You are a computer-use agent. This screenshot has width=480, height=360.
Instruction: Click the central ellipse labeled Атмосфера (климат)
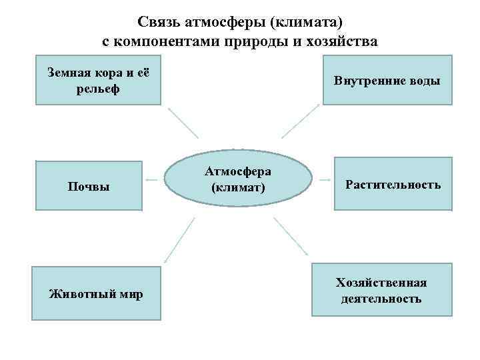coord(238,179)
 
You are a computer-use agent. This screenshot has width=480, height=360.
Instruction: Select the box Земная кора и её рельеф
coord(98,80)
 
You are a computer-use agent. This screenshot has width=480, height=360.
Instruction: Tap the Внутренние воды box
coord(387,81)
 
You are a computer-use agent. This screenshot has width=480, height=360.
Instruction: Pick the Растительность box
coord(393,184)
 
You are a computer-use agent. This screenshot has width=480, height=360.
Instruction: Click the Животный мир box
coord(97,293)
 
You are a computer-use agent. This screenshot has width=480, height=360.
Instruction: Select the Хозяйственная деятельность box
coord(381,290)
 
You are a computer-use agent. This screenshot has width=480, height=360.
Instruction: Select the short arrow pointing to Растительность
coord(325,179)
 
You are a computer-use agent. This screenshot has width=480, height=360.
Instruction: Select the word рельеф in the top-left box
coord(98,89)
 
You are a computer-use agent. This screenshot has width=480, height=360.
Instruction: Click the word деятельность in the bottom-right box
coord(381,299)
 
